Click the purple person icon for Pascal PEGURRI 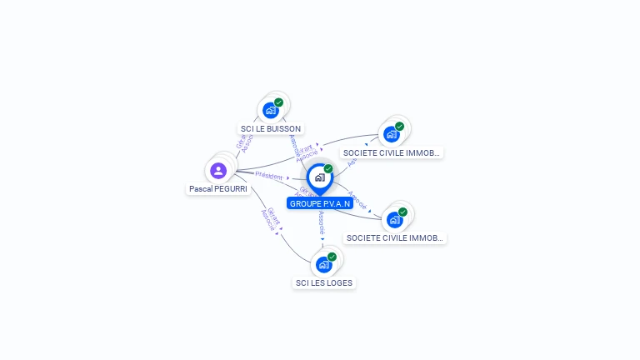[218, 170]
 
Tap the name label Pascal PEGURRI [218, 189]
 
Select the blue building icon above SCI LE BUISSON [270, 110]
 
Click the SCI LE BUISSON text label [271, 129]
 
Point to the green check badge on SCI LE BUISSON [278, 102]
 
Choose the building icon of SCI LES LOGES [323, 265]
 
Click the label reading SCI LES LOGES [324, 283]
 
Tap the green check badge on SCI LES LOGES [332, 257]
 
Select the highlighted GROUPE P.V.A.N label [319, 203]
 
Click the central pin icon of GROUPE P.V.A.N [318, 177]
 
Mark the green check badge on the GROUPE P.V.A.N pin [328, 169]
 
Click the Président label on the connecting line [269, 175]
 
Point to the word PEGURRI [231, 189]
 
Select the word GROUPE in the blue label [305, 203]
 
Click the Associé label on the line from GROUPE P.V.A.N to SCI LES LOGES [322, 221]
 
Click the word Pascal [200, 189]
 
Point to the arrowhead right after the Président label [287, 177]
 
